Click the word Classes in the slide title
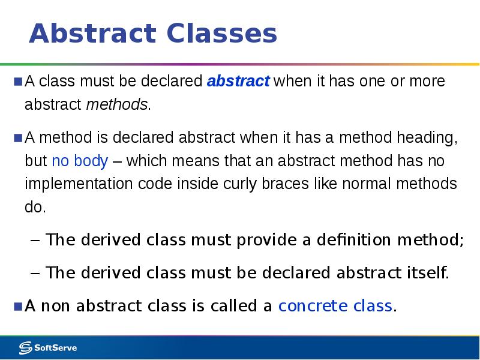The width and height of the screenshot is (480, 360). click(x=222, y=34)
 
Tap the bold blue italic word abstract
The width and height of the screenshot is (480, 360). click(x=238, y=82)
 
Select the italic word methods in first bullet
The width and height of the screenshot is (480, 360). click(x=116, y=105)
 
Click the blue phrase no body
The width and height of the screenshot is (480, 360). click(x=80, y=161)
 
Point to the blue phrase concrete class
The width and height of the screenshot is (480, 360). click(x=335, y=306)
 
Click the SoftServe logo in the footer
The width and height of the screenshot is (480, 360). click(x=48, y=347)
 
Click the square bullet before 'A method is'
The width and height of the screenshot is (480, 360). click(x=18, y=138)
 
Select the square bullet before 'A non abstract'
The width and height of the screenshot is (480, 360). click(x=18, y=305)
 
